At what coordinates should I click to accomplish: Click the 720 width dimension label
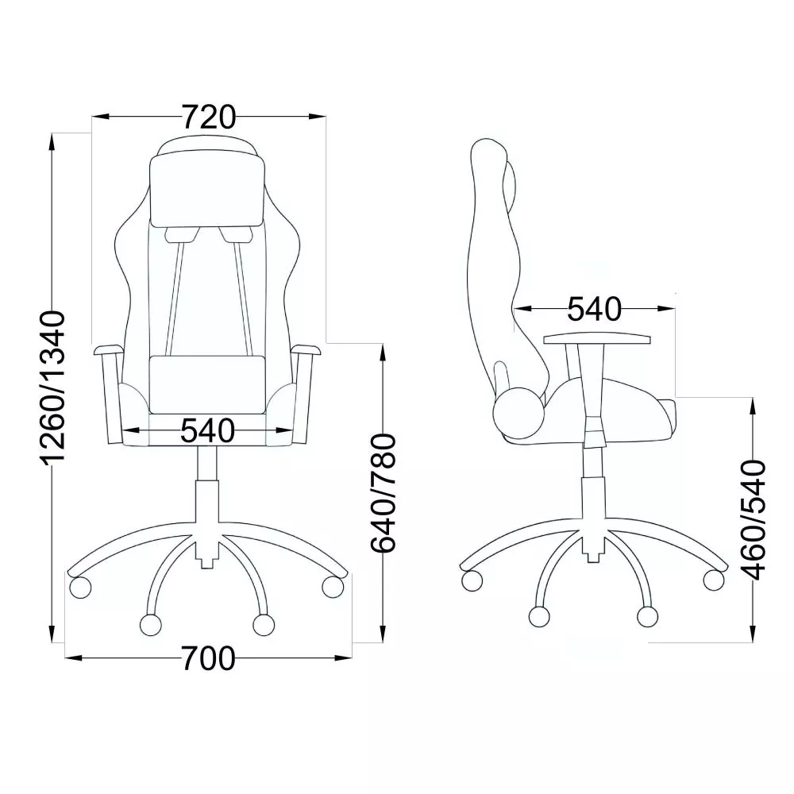[209, 117]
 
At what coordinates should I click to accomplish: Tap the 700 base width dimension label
[208, 658]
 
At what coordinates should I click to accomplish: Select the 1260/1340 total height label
[53, 387]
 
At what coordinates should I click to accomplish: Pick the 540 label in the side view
[594, 309]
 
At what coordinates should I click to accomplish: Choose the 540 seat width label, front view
[207, 431]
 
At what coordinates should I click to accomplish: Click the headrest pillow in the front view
[207, 191]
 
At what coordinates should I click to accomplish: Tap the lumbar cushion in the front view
[207, 384]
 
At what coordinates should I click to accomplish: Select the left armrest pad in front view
[108, 349]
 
